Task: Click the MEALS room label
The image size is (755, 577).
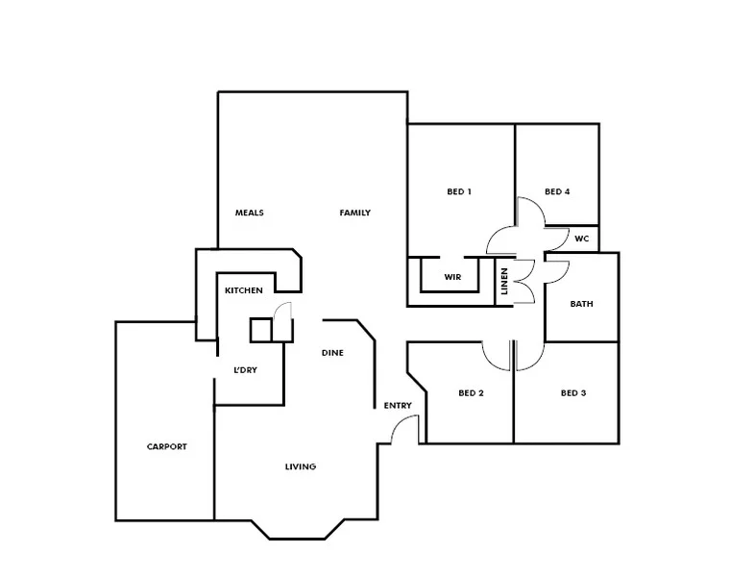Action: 249,213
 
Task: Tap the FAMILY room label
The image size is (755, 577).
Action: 354,213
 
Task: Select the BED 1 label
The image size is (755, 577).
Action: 459,191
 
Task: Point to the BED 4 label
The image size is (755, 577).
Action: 557,191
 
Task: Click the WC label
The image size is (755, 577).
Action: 581,238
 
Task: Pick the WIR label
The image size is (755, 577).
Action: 453,278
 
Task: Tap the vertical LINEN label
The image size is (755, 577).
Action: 504,282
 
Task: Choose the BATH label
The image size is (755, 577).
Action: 581,304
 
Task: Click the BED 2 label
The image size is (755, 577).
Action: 470,392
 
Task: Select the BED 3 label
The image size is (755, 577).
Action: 572,392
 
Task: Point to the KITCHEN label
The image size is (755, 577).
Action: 244,290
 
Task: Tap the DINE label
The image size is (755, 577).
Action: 332,353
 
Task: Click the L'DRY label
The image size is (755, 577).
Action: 246,370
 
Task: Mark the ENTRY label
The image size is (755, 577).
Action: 398,406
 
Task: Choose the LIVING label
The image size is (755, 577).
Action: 300,467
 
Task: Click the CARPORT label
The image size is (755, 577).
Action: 166,447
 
